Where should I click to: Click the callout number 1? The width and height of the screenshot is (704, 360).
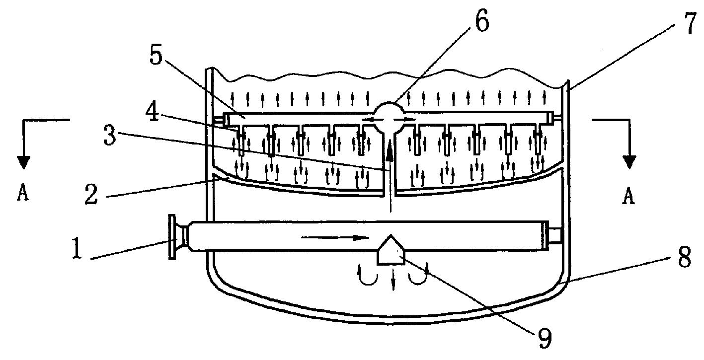[77, 248]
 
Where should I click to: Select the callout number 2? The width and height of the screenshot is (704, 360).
[91, 194]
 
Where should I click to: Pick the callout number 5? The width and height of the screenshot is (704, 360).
[156, 56]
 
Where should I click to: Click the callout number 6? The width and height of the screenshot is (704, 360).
[482, 21]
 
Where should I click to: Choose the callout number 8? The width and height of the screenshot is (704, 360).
[685, 257]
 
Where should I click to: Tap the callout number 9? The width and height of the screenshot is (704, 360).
[545, 338]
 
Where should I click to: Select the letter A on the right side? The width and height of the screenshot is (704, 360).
[628, 196]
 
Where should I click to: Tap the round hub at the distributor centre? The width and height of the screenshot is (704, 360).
[389, 119]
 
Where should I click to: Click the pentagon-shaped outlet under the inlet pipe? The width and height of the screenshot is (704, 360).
[391, 250]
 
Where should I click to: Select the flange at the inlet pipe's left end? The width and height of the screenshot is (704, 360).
[172, 237]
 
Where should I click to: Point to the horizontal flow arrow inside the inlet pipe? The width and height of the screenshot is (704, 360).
[335, 237]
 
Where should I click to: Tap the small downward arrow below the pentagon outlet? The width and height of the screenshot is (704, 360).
[392, 279]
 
